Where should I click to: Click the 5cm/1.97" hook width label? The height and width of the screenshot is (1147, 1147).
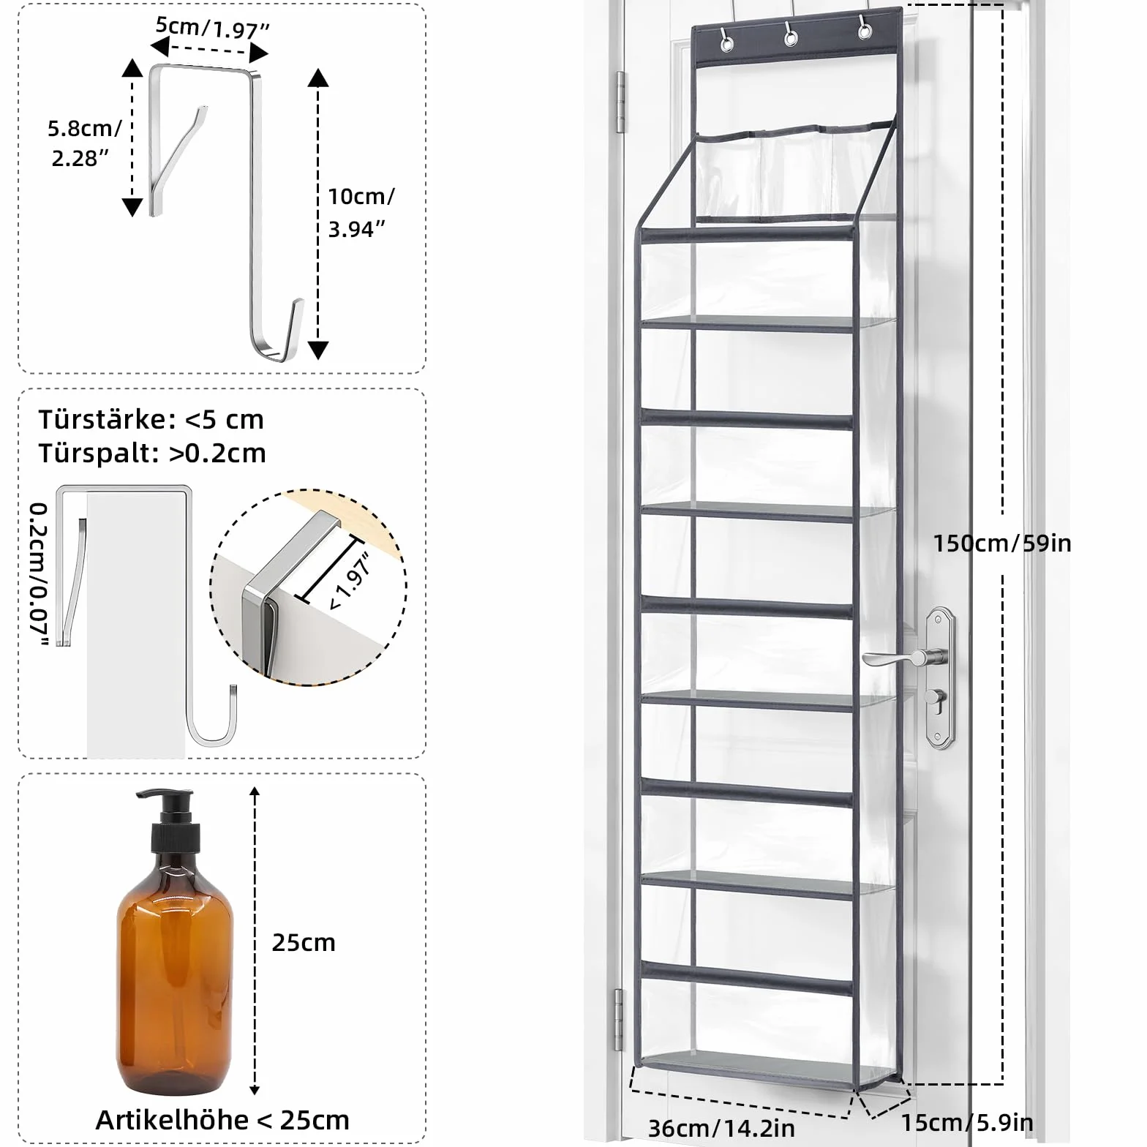213,28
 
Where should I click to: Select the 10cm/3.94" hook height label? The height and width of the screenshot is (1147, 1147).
361,212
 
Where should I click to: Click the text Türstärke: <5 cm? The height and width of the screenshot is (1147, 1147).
151,419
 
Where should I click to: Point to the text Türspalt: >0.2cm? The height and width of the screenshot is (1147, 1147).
152,454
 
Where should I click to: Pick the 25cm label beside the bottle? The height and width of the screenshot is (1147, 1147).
304,942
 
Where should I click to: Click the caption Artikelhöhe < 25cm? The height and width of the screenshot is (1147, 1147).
222,1120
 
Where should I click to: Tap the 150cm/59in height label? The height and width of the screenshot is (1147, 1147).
1001,543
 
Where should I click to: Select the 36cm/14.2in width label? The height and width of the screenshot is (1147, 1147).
721,1128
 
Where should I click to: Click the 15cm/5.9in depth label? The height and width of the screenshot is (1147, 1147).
966,1122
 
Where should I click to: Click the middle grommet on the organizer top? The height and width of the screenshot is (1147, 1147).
790,34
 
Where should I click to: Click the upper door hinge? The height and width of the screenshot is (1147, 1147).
621,102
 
